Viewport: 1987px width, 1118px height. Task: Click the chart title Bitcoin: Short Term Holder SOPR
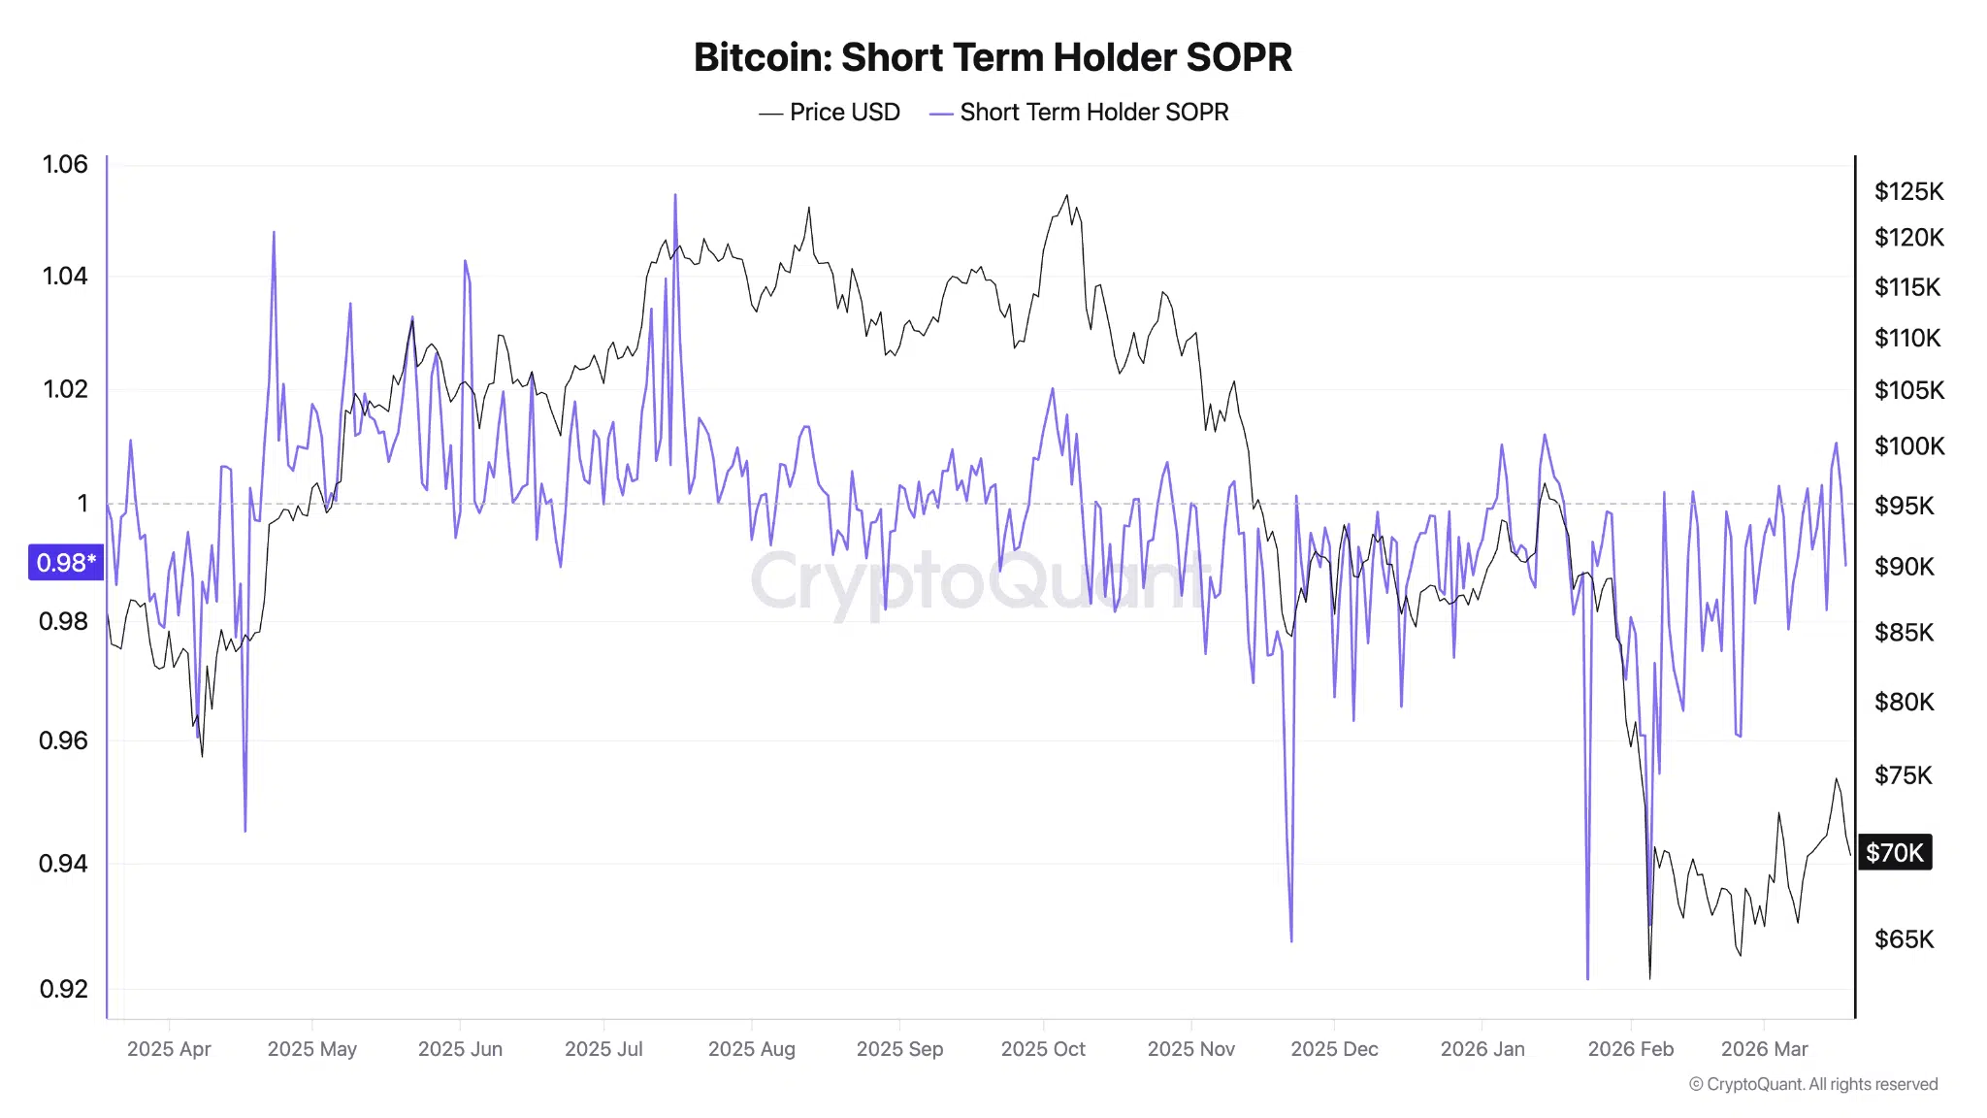tap(993, 57)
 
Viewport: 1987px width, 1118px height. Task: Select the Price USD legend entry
tap(831, 113)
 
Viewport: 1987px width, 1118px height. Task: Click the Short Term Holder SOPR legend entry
tap(1080, 113)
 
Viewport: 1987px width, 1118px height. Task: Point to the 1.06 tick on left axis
tap(65, 164)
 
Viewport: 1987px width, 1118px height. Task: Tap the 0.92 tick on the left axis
tap(64, 989)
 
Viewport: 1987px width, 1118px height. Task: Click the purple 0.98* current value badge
tap(66, 562)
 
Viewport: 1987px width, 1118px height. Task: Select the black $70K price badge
tap(1894, 852)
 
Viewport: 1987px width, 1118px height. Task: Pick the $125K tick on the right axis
tap(1908, 191)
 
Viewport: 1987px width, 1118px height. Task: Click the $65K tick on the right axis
tap(1904, 938)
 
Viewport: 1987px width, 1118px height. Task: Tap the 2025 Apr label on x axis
tap(169, 1049)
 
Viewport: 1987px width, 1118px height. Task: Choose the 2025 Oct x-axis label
tap(1043, 1049)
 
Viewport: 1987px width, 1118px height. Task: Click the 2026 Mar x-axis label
tap(1764, 1049)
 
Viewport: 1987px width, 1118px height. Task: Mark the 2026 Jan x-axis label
tap(1482, 1049)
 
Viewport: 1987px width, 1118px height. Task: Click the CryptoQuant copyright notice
tap(1813, 1084)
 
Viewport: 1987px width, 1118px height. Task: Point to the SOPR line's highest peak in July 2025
tap(675, 195)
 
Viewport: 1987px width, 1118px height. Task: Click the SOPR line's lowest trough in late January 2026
tap(1587, 977)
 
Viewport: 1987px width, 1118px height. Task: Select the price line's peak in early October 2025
tap(1067, 195)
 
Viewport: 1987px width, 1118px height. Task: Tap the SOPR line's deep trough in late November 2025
tap(1291, 939)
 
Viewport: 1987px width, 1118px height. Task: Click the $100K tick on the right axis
tap(1908, 446)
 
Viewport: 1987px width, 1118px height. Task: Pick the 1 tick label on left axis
tap(82, 503)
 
